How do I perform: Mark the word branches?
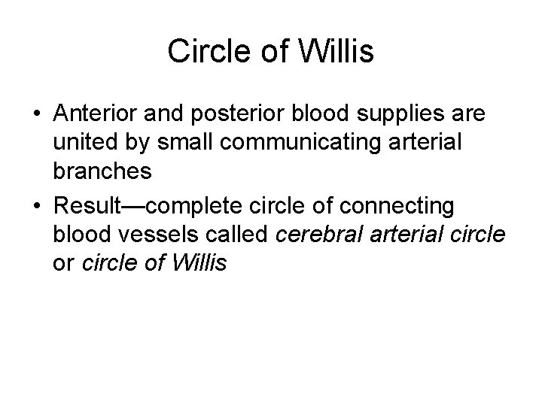point(103,171)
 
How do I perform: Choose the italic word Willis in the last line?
point(202,264)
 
